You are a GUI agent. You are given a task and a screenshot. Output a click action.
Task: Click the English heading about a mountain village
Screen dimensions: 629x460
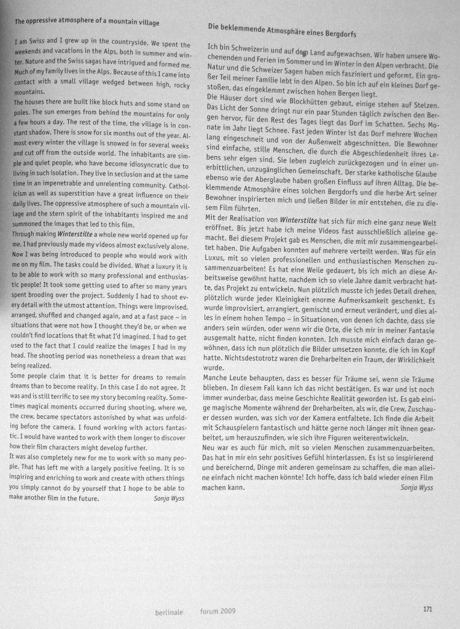(x=87, y=23)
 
